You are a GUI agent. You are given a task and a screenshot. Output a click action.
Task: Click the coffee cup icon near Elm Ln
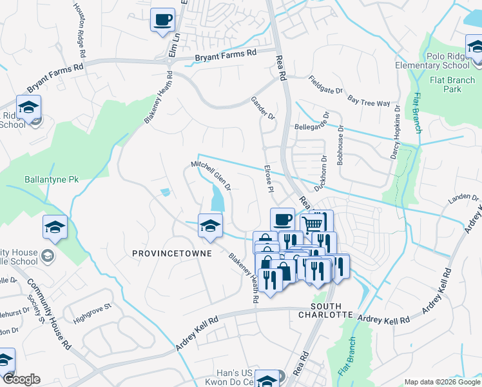click(x=162, y=19)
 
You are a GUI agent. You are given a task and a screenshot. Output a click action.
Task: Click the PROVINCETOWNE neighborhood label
click(x=172, y=253)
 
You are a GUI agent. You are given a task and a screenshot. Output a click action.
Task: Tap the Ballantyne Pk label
click(x=51, y=179)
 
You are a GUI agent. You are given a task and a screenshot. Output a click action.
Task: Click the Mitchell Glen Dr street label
click(x=211, y=175)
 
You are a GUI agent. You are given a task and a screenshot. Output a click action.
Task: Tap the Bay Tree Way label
click(x=369, y=102)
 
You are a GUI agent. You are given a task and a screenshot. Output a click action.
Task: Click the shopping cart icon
click(x=313, y=223)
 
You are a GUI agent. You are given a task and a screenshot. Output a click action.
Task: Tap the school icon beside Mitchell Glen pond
click(x=208, y=225)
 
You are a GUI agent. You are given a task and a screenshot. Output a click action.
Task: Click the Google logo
click(x=21, y=379)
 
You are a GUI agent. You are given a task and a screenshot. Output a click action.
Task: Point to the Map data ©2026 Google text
click(x=441, y=382)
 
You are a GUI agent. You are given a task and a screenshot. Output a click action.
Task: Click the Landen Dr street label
click(x=463, y=201)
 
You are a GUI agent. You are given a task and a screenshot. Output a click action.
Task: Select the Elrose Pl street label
click(x=269, y=179)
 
